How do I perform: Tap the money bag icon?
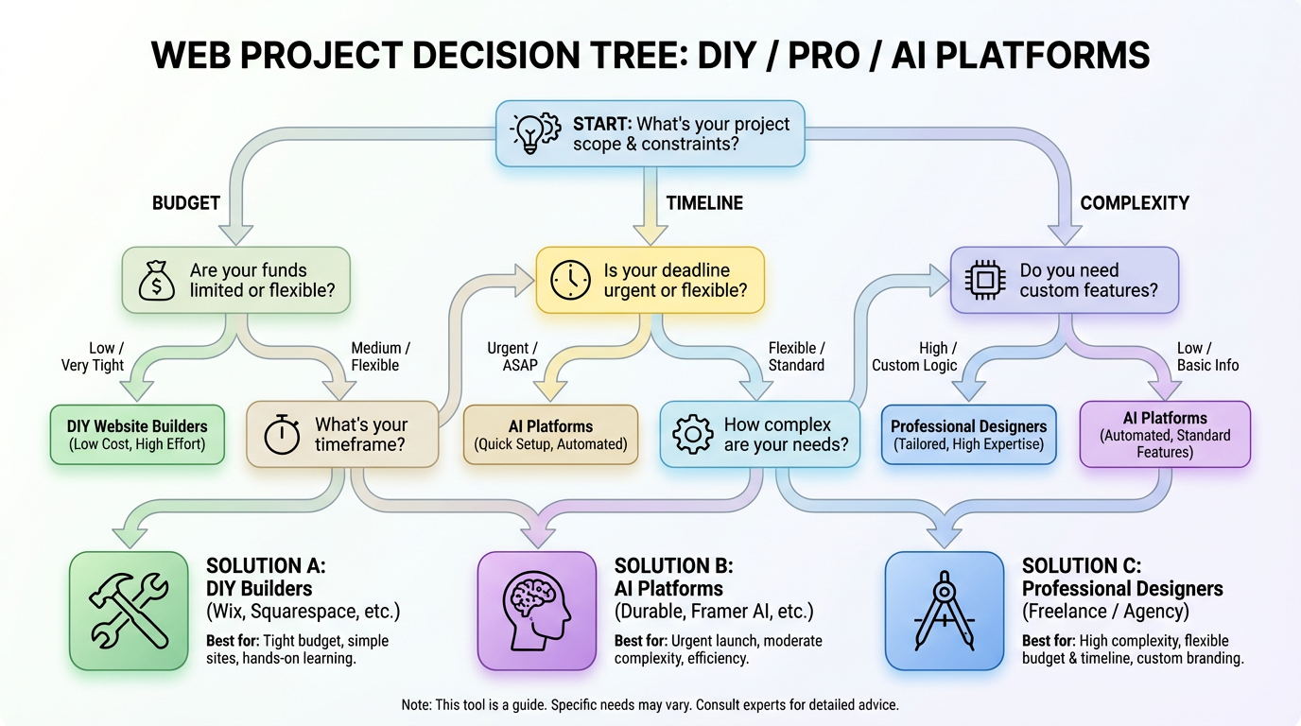pos(156,281)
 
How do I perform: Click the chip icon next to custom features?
pos(984,281)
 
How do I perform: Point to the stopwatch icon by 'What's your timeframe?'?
pos(281,436)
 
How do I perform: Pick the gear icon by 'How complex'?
pos(692,435)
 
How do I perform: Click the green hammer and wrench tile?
pos(129,611)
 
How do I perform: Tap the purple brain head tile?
pos(537,611)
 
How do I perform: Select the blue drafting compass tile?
pos(945,611)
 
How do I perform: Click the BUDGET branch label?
pos(186,203)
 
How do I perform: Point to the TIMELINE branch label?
pos(704,203)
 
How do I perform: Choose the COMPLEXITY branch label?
pos(1135,203)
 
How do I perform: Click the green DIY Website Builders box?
pos(137,435)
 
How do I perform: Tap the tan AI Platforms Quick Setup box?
pos(550,435)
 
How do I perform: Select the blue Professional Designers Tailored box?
pos(968,435)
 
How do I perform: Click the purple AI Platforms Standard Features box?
pos(1165,435)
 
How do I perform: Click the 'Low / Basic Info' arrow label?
pos(1207,356)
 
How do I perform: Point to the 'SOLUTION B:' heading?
pos(673,566)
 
